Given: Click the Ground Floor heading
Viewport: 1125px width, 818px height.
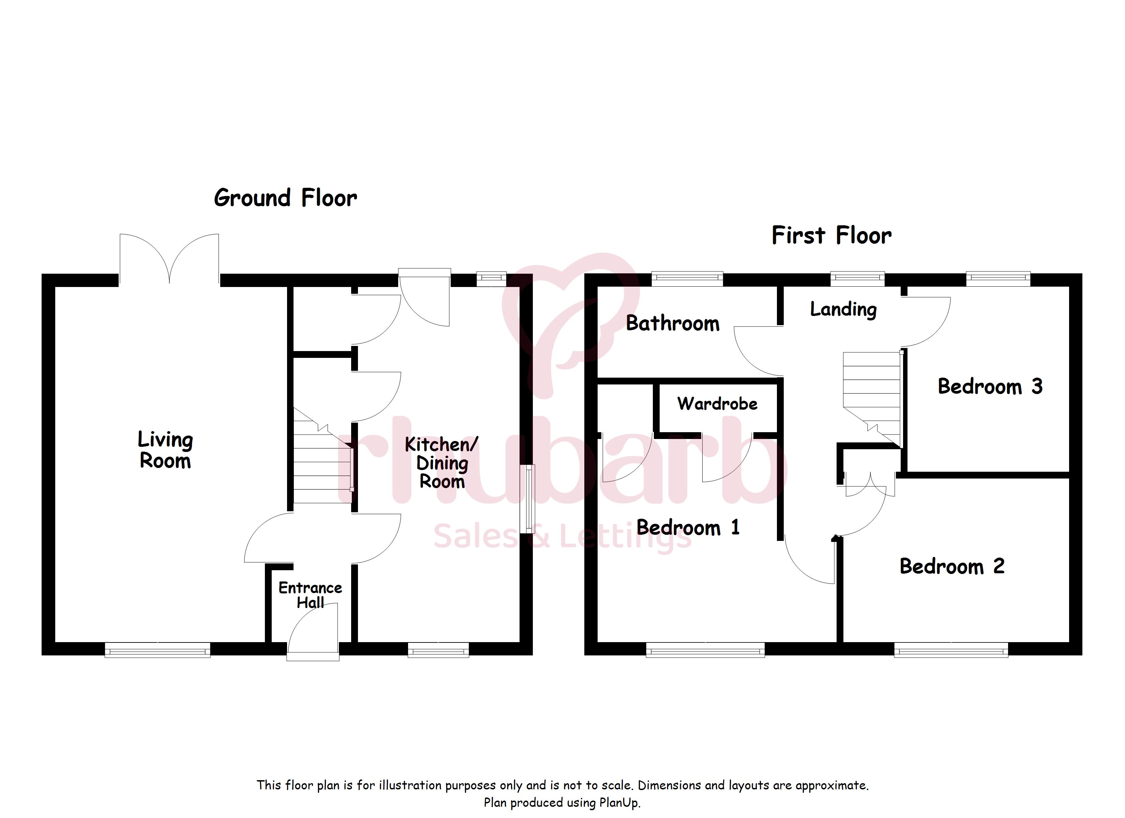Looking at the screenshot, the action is [285, 198].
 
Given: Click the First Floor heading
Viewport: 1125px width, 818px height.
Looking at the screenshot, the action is [831, 235].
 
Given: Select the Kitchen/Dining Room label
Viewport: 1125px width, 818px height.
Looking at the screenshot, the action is [441, 463].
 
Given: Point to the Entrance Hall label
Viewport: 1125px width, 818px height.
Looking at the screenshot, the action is [310, 595].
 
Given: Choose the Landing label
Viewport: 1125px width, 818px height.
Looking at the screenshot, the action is [843, 309].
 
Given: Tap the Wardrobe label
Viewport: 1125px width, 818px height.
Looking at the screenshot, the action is [717, 404].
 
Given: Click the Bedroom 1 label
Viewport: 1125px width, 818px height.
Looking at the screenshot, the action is [688, 527].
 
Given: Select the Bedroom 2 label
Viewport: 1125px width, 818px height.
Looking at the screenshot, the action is [952, 566].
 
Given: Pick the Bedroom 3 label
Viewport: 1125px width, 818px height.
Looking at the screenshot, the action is [990, 387].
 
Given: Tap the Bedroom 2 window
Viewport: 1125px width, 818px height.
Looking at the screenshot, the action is [951, 649].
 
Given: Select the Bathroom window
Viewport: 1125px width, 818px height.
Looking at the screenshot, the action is [687, 279].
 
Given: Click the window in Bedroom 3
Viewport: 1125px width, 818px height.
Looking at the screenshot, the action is [998, 279].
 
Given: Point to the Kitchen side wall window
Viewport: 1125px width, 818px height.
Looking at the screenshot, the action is [527, 499].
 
